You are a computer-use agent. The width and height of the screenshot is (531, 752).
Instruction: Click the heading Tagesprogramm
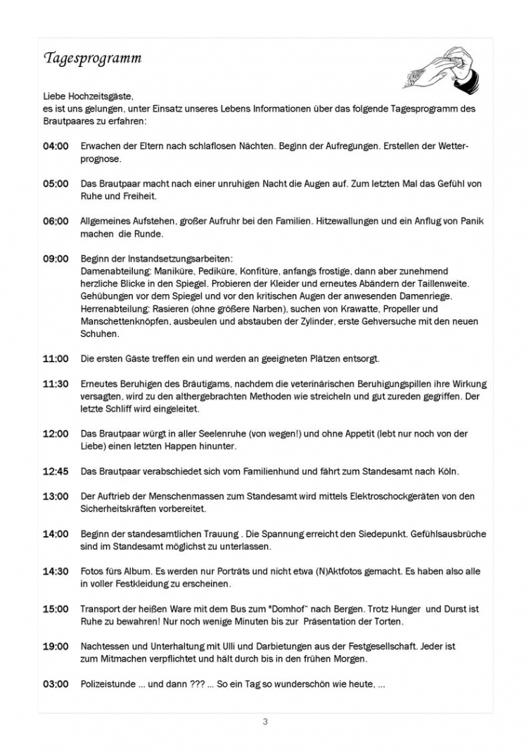point(93,58)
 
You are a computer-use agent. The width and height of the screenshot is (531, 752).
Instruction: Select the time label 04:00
point(56,146)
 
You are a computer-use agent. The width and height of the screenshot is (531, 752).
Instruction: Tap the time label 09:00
point(56,259)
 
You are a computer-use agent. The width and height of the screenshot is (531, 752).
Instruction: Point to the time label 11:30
point(56,384)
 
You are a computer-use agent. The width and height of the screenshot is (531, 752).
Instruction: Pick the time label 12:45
point(56,471)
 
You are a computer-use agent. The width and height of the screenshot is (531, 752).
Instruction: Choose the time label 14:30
point(56,572)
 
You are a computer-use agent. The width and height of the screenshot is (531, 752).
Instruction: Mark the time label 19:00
point(56,646)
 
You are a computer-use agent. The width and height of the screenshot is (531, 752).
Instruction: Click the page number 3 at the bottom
point(265,721)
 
